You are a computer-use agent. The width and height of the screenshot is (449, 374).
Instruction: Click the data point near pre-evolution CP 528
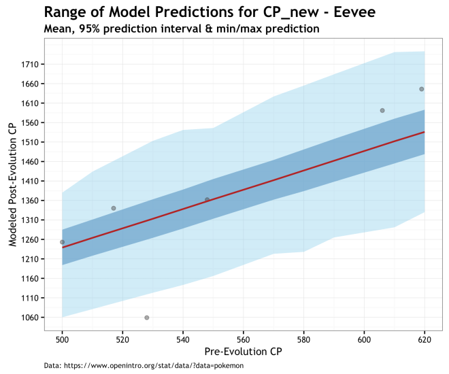pyautogui.click(x=147, y=318)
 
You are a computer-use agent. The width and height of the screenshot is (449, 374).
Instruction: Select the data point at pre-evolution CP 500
pyautogui.click(x=62, y=242)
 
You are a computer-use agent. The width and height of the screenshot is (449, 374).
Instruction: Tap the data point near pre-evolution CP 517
pyautogui.click(x=114, y=208)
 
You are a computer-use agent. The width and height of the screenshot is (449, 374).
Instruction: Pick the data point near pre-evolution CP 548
pyautogui.click(x=207, y=200)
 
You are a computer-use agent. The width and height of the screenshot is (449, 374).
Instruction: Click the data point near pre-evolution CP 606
pyautogui.click(x=382, y=110)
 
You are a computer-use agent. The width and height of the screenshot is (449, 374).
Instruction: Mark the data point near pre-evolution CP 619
pyautogui.click(x=422, y=89)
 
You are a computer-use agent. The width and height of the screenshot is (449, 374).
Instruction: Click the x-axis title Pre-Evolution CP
pyautogui.click(x=243, y=352)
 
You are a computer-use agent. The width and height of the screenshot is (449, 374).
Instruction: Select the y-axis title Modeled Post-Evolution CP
pyautogui.click(x=12, y=185)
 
